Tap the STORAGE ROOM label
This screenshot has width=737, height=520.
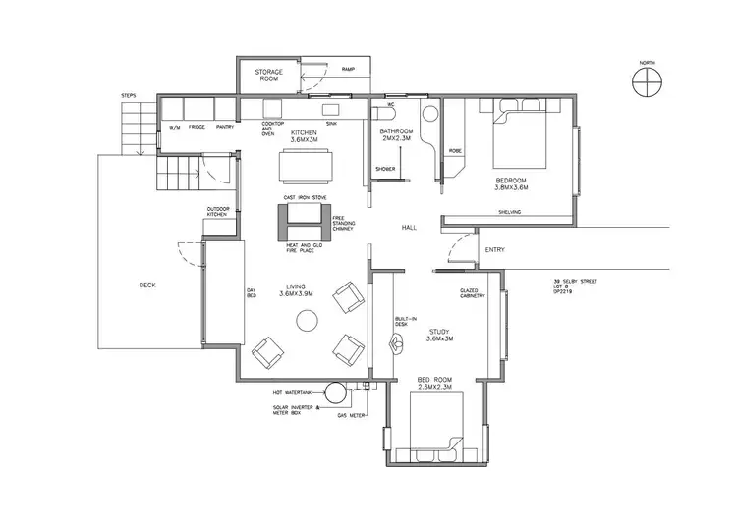(269, 77)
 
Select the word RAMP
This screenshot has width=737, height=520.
(347, 70)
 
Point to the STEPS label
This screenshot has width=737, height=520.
(128, 95)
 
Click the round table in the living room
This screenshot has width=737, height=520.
(308, 319)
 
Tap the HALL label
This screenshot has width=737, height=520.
(411, 228)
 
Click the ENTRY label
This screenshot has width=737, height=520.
(494, 250)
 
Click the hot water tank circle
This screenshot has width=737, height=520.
(337, 392)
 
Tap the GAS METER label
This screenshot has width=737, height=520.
(352, 415)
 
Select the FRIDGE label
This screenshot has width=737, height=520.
(197, 128)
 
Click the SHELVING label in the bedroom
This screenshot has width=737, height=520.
(509, 212)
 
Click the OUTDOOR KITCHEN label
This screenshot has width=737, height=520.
(219, 212)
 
